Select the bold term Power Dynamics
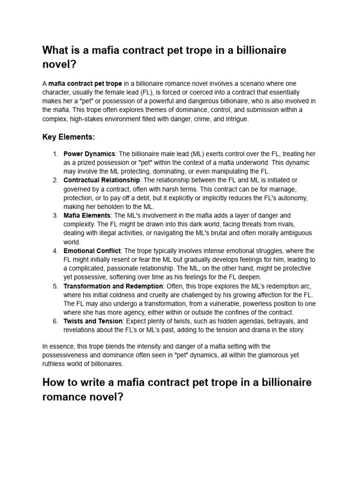point(89,154)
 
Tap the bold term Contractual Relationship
point(101,180)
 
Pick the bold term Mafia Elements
point(87,215)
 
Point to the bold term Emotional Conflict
point(92,251)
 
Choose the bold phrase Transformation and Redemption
point(113,286)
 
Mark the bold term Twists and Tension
point(93,321)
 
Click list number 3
point(55,215)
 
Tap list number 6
point(55,321)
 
